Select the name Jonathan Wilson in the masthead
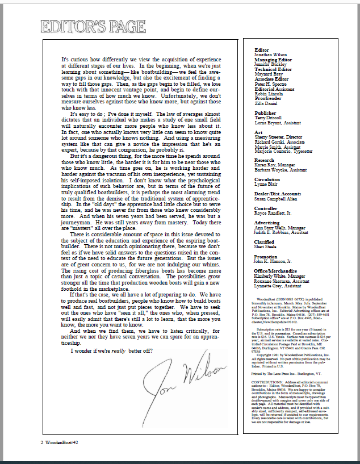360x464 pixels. point(269,55)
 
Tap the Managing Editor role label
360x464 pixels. point(273,59)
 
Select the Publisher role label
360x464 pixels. point(265,113)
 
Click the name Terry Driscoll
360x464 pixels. point(267,118)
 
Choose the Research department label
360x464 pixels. point(264,161)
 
